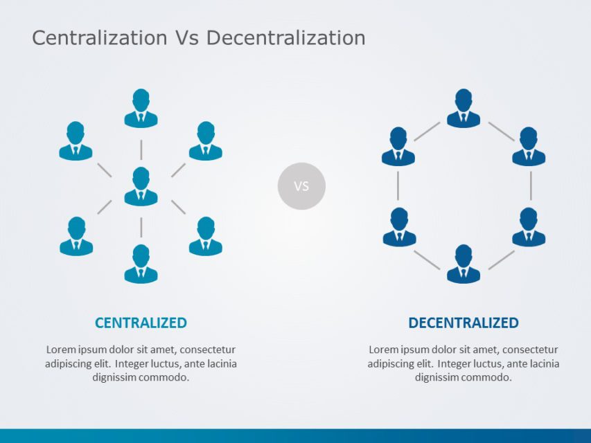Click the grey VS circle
click(301, 186)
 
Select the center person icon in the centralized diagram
click(141, 186)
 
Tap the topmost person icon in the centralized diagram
click(141, 109)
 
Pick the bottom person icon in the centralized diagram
click(141, 264)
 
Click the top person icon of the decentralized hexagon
click(464, 109)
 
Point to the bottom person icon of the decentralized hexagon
click(464, 264)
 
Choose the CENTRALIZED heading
click(141, 323)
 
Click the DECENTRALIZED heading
click(464, 323)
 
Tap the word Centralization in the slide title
click(100, 38)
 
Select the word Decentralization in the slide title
click(285, 38)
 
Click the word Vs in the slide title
click(186, 38)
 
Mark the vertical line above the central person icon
click(141, 150)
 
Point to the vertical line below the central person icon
click(141, 227)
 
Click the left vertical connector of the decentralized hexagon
click(398, 186)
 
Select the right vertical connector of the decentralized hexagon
click(531, 186)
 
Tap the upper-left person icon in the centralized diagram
click(76, 141)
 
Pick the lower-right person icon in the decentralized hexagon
click(529, 227)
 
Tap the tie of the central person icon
click(141, 195)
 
